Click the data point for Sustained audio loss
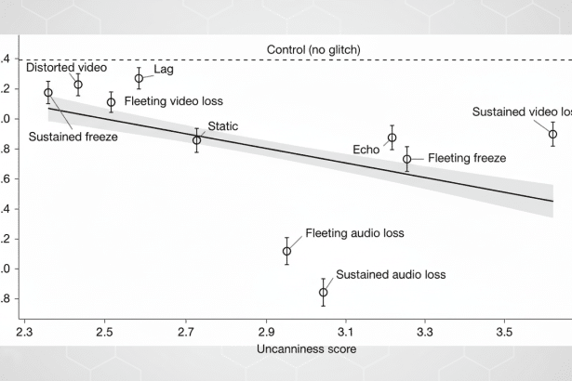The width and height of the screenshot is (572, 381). coord(324,292)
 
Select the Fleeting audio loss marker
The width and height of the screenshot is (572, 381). coord(286,251)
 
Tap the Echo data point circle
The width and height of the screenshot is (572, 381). coord(392,138)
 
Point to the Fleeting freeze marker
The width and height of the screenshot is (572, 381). coord(406,159)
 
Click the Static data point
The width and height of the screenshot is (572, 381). coord(196,139)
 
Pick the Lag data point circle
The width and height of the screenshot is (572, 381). coord(139,78)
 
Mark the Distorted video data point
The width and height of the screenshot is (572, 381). coord(78,85)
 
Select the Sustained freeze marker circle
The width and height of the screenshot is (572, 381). coord(48,92)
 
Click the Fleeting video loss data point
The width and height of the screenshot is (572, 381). coord(111,102)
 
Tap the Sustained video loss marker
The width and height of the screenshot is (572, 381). coord(552,134)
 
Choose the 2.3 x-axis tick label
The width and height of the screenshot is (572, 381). coord(25,331)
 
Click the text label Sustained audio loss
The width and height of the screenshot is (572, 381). coord(391,275)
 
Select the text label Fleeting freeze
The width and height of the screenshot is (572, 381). coord(467,159)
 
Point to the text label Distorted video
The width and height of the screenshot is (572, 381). coord(66,68)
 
